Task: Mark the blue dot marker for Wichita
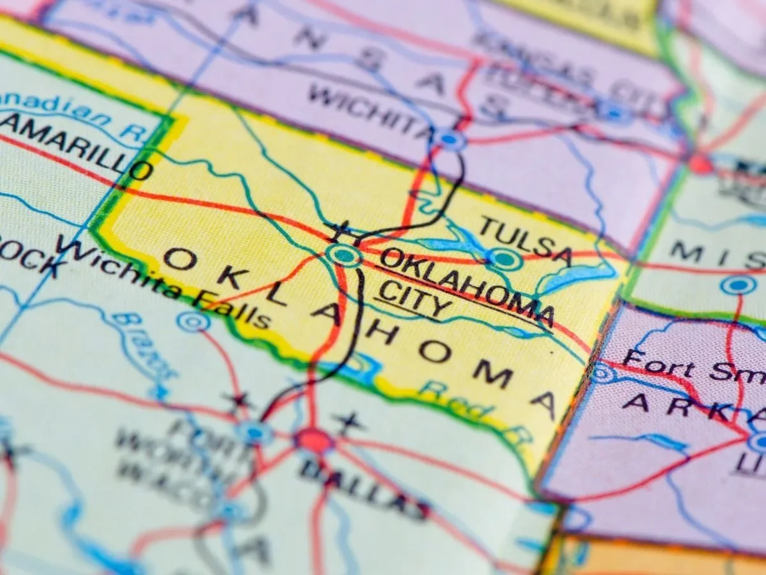tap(449, 139)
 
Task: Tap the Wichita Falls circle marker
tap(191, 322)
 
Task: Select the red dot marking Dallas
tap(313, 440)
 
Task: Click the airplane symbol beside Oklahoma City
tap(338, 230)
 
